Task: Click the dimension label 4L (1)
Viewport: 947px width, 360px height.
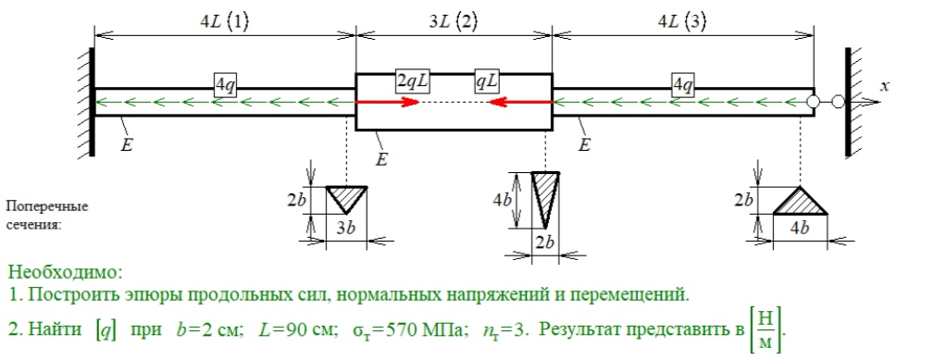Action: tap(224, 22)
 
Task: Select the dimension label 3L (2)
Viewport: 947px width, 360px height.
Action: tap(453, 22)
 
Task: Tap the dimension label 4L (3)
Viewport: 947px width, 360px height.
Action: tap(682, 22)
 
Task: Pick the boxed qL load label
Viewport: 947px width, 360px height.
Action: tap(484, 82)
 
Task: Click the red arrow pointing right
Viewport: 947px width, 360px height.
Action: tap(387, 102)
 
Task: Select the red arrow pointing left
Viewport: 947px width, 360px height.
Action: tap(520, 102)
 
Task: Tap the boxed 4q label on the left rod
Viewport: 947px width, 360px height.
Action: tap(224, 86)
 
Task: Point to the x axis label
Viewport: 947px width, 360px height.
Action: tap(885, 86)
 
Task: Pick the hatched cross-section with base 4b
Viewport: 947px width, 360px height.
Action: tap(800, 201)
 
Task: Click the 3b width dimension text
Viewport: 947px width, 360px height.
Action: tap(346, 228)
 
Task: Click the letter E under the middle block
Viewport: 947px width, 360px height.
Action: tap(381, 160)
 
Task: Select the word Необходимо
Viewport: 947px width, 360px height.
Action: tap(66, 272)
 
